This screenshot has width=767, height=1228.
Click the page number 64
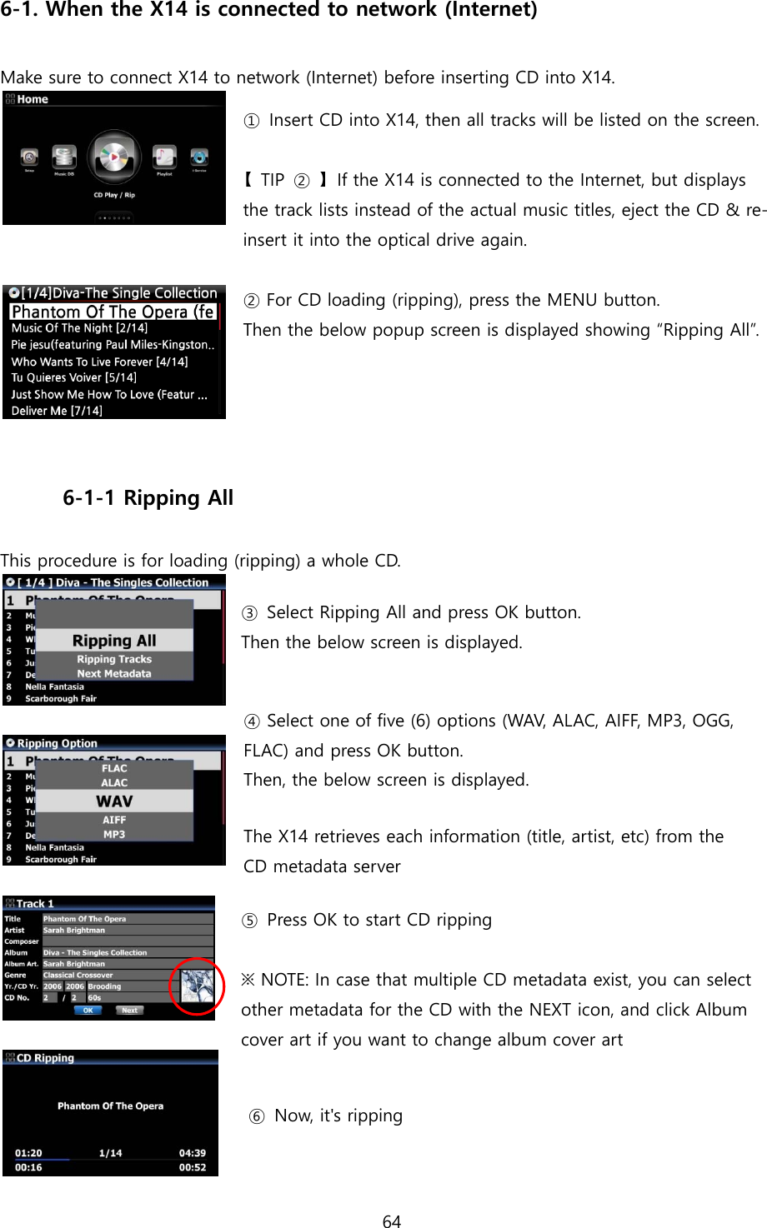click(x=391, y=1221)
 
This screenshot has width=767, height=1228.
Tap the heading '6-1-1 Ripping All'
click(x=148, y=498)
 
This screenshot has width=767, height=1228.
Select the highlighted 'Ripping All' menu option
click(x=114, y=641)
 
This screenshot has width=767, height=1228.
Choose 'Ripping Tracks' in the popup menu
click(x=114, y=659)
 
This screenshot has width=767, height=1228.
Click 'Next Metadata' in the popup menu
click(x=114, y=673)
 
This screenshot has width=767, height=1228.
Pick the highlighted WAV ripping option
click(x=114, y=801)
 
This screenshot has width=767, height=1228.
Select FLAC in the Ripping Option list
click(x=114, y=768)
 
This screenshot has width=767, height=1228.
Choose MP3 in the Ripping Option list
click(x=114, y=834)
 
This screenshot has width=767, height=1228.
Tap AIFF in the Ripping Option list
click(x=114, y=820)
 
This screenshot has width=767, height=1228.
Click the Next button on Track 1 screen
click(x=129, y=1010)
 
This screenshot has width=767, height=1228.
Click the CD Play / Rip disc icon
click(x=113, y=157)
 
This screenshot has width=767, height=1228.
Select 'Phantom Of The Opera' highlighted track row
click(x=113, y=312)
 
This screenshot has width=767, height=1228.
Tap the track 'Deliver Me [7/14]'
click(x=57, y=411)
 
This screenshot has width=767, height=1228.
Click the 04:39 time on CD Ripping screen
click(x=192, y=1153)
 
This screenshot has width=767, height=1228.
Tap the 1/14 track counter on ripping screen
click(x=110, y=1153)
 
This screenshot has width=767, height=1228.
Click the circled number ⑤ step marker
click(x=250, y=921)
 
